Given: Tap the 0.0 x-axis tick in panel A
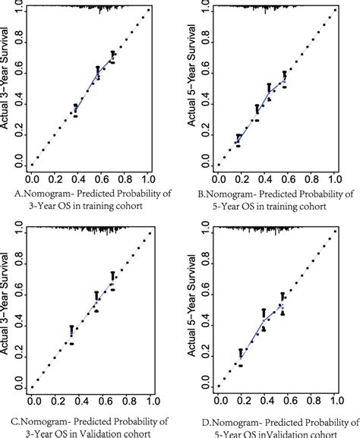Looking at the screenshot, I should [32, 180].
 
